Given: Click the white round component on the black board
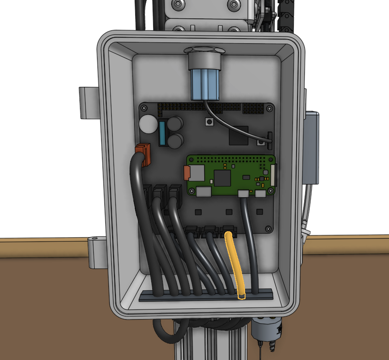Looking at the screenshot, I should coord(149,124).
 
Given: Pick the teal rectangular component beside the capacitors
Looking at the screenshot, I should coord(163,133).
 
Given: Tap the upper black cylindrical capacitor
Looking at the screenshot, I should coord(175,123).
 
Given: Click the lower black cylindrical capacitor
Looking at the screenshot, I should coord(175,141).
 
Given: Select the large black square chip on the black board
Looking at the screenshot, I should coord(238,135).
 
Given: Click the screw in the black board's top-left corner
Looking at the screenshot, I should coord(144,108).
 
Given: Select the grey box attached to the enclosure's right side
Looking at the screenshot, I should coord(311,147).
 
